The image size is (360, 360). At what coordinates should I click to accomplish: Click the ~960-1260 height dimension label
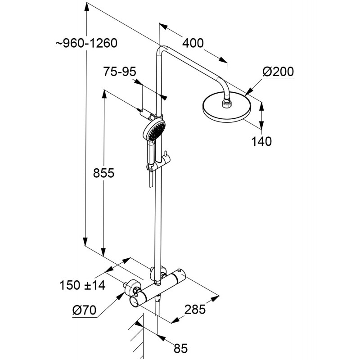(x=86, y=44)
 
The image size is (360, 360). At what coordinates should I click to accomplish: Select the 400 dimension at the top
(x=193, y=43)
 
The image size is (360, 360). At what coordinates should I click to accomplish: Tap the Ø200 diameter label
(x=278, y=72)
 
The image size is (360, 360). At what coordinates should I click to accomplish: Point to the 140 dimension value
(x=261, y=141)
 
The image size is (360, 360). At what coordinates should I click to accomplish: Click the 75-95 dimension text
(x=119, y=72)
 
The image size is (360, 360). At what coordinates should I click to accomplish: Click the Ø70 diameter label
(x=84, y=310)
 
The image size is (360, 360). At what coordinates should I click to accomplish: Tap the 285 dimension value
(x=195, y=310)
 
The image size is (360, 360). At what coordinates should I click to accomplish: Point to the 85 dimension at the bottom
(x=180, y=348)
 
